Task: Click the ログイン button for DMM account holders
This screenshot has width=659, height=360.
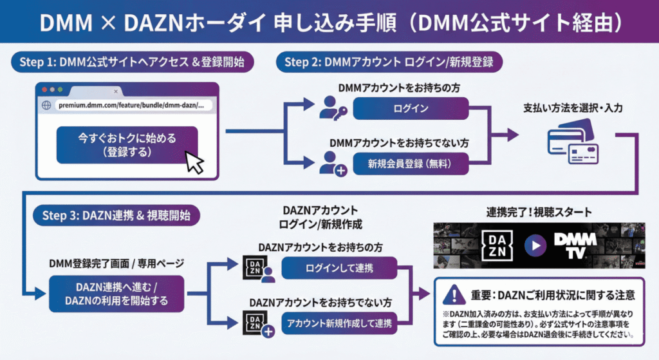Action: (411, 109)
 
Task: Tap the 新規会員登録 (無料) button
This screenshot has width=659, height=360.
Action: (410, 164)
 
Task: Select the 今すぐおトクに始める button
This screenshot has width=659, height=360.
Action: (127, 145)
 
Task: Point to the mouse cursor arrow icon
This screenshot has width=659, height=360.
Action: (194, 162)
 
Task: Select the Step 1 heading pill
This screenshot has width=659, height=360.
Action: (131, 62)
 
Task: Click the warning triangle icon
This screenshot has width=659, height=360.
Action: (454, 295)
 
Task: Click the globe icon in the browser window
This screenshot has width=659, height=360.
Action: (46, 105)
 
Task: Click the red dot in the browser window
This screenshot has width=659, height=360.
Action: (44, 90)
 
